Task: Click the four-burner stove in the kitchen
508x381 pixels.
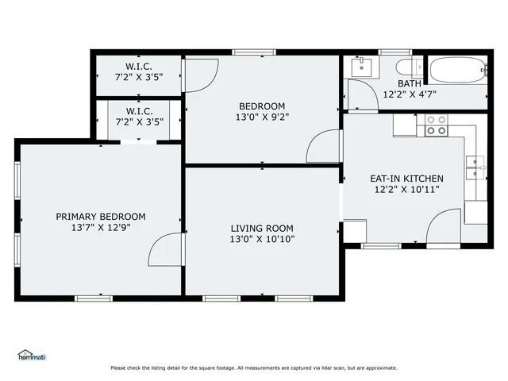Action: tap(436, 125)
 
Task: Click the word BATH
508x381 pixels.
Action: tap(410, 83)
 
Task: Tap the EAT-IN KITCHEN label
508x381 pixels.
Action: tap(406, 179)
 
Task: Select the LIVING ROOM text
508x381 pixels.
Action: tap(262, 227)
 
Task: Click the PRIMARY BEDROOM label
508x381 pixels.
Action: tap(100, 216)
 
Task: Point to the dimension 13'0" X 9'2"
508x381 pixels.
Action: tap(262, 117)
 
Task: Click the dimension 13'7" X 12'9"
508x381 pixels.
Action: tap(100, 227)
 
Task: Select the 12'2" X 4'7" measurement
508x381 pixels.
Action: tap(410, 94)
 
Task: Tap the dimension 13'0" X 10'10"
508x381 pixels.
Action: tap(262, 238)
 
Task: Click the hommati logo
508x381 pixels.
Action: tap(32, 355)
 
